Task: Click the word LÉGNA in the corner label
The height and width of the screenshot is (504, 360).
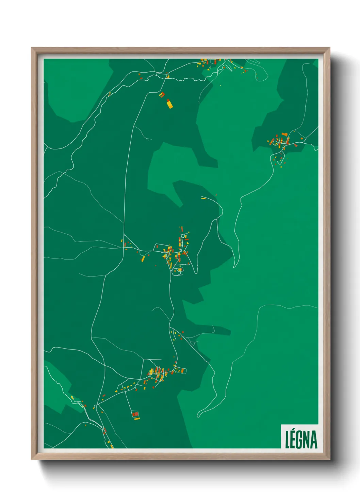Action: [301, 439]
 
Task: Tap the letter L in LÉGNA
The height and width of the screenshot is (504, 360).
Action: [288, 440]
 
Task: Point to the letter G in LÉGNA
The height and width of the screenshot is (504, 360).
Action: [301, 440]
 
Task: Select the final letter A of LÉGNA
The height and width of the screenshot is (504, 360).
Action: [314, 440]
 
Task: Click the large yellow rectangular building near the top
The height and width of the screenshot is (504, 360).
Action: [169, 104]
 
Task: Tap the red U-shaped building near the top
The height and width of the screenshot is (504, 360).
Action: [162, 94]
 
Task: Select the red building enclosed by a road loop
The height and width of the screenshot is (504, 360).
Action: [135, 414]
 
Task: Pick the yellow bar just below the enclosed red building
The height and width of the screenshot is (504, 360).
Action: [137, 419]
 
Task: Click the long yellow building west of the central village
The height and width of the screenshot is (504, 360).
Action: [143, 259]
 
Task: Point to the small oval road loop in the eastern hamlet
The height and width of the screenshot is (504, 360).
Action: [275, 143]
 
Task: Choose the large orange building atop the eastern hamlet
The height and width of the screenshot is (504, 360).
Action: [284, 135]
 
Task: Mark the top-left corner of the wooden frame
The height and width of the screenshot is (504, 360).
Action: [32, 48]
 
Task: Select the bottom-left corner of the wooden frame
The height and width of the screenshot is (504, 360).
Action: [32, 459]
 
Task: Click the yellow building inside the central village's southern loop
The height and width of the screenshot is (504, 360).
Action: [180, 270]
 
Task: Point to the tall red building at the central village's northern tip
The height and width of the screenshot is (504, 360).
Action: [182, 229]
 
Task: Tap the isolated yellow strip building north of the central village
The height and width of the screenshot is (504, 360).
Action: [203, 198]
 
